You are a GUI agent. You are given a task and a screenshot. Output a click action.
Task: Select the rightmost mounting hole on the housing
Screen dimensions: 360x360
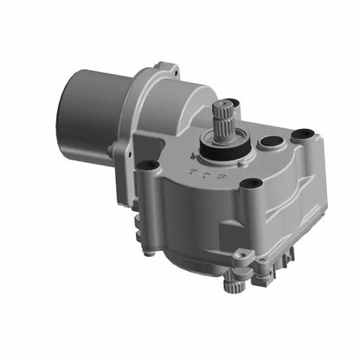pos(301,135)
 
